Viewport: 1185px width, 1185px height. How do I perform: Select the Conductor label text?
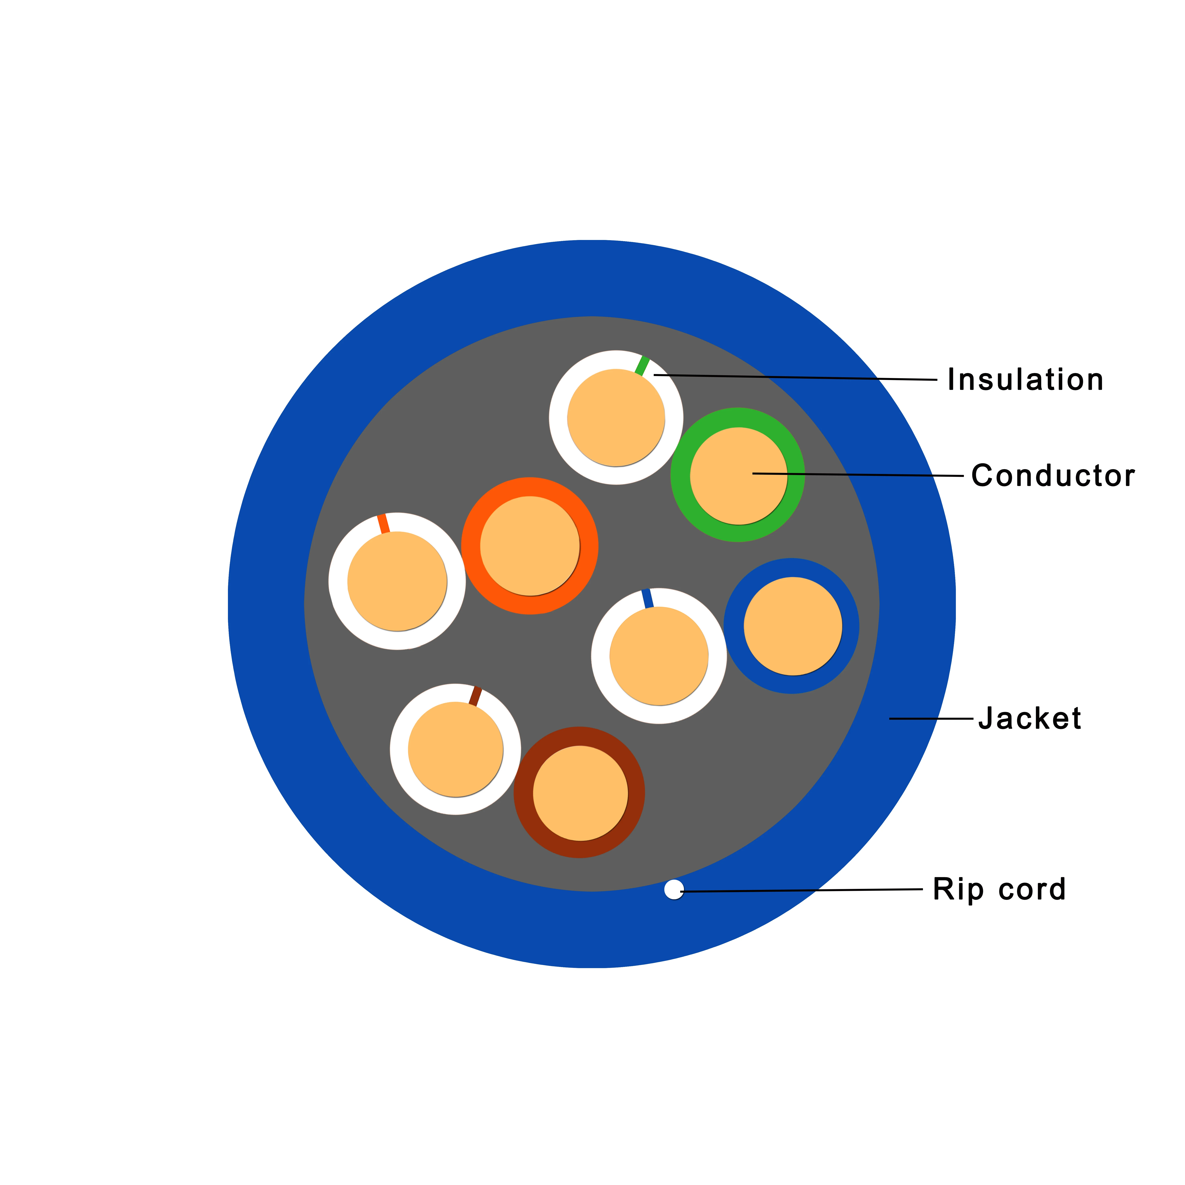(x=1053, y=476)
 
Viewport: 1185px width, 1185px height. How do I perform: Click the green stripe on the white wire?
(x=642, y=366)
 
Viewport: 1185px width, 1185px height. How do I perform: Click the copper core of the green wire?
(x=739, y=476)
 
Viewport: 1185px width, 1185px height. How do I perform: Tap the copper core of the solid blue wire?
(x=793, y=626)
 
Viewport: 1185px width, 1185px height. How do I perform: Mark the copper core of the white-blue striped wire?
(x=659, y=656)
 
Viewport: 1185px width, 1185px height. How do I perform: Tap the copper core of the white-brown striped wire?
(x=455, y=750)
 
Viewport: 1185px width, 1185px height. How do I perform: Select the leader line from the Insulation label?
(x=797, y=377)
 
